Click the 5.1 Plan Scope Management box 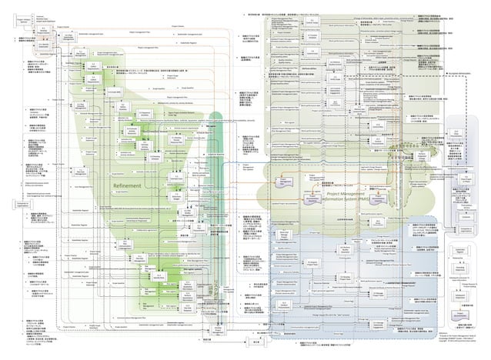(80, 52)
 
